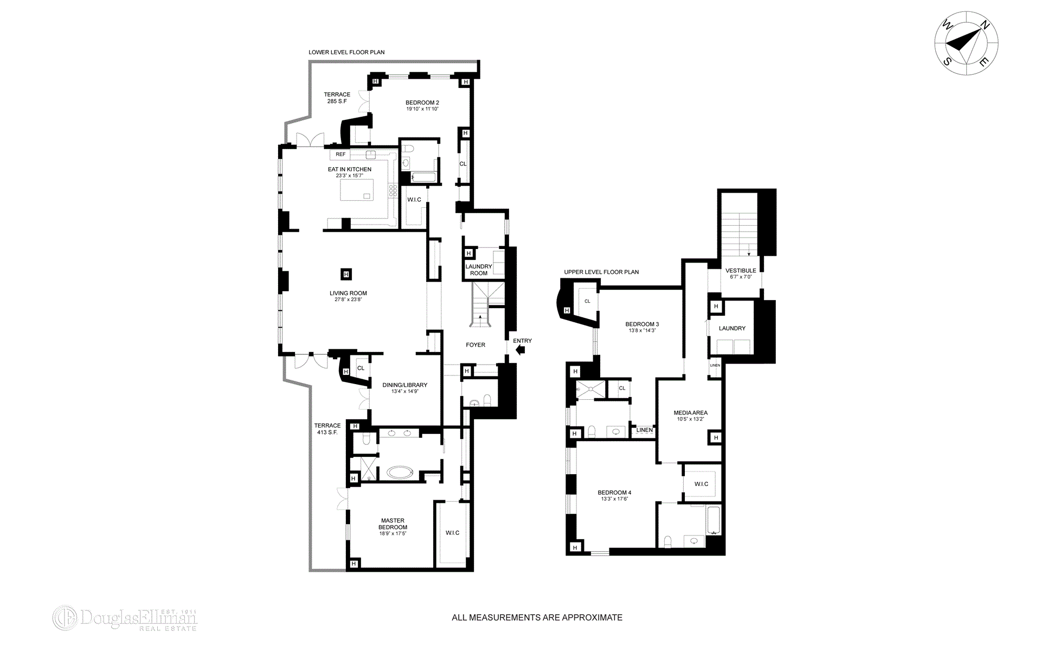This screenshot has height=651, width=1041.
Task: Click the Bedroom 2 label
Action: pyautogui.click(x=422, y=103)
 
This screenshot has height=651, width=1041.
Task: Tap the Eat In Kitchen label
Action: pyautogui.click(x=349, y=169)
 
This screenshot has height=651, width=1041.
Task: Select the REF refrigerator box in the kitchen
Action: pyautogui.click(x=340, y=155)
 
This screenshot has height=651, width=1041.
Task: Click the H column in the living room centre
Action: pyautogui.click(x=346, y=273)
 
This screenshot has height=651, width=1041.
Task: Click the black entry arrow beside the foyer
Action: pyautogui.click(x=521, y=350)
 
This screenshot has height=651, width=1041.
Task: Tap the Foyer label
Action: pyautogui.click(x=475, y=345)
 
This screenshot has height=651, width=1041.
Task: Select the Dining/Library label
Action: pyautogui.click(x=404, y=385)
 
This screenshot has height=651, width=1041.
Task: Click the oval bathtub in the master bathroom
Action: pyautogui.click(x=401, y=472)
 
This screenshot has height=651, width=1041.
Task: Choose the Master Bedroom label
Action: pyautogui.click(x=393, y=524)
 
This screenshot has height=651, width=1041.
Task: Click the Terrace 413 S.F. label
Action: pyautogui.click(x=327, y=429)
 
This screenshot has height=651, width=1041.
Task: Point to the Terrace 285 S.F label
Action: pyautogui.click(x=337, y=98)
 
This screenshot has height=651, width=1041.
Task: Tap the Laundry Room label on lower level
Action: pyautogui.click(x=479, y=270)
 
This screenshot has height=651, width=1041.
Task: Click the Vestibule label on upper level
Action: pyautogui.click(x=741, y=271)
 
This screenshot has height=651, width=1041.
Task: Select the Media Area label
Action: pyautogui.click(x=690, y=413)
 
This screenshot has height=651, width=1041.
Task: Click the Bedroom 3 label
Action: pyautogui.click(x=642, y=324)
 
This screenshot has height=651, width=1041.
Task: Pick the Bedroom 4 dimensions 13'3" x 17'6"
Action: pyautogui.click(x=614, y=499)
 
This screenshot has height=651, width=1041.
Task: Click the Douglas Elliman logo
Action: pyautogui.click(x=125, y=618)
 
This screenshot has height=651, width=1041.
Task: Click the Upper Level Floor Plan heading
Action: pyautogui.click(x=601, y=272)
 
